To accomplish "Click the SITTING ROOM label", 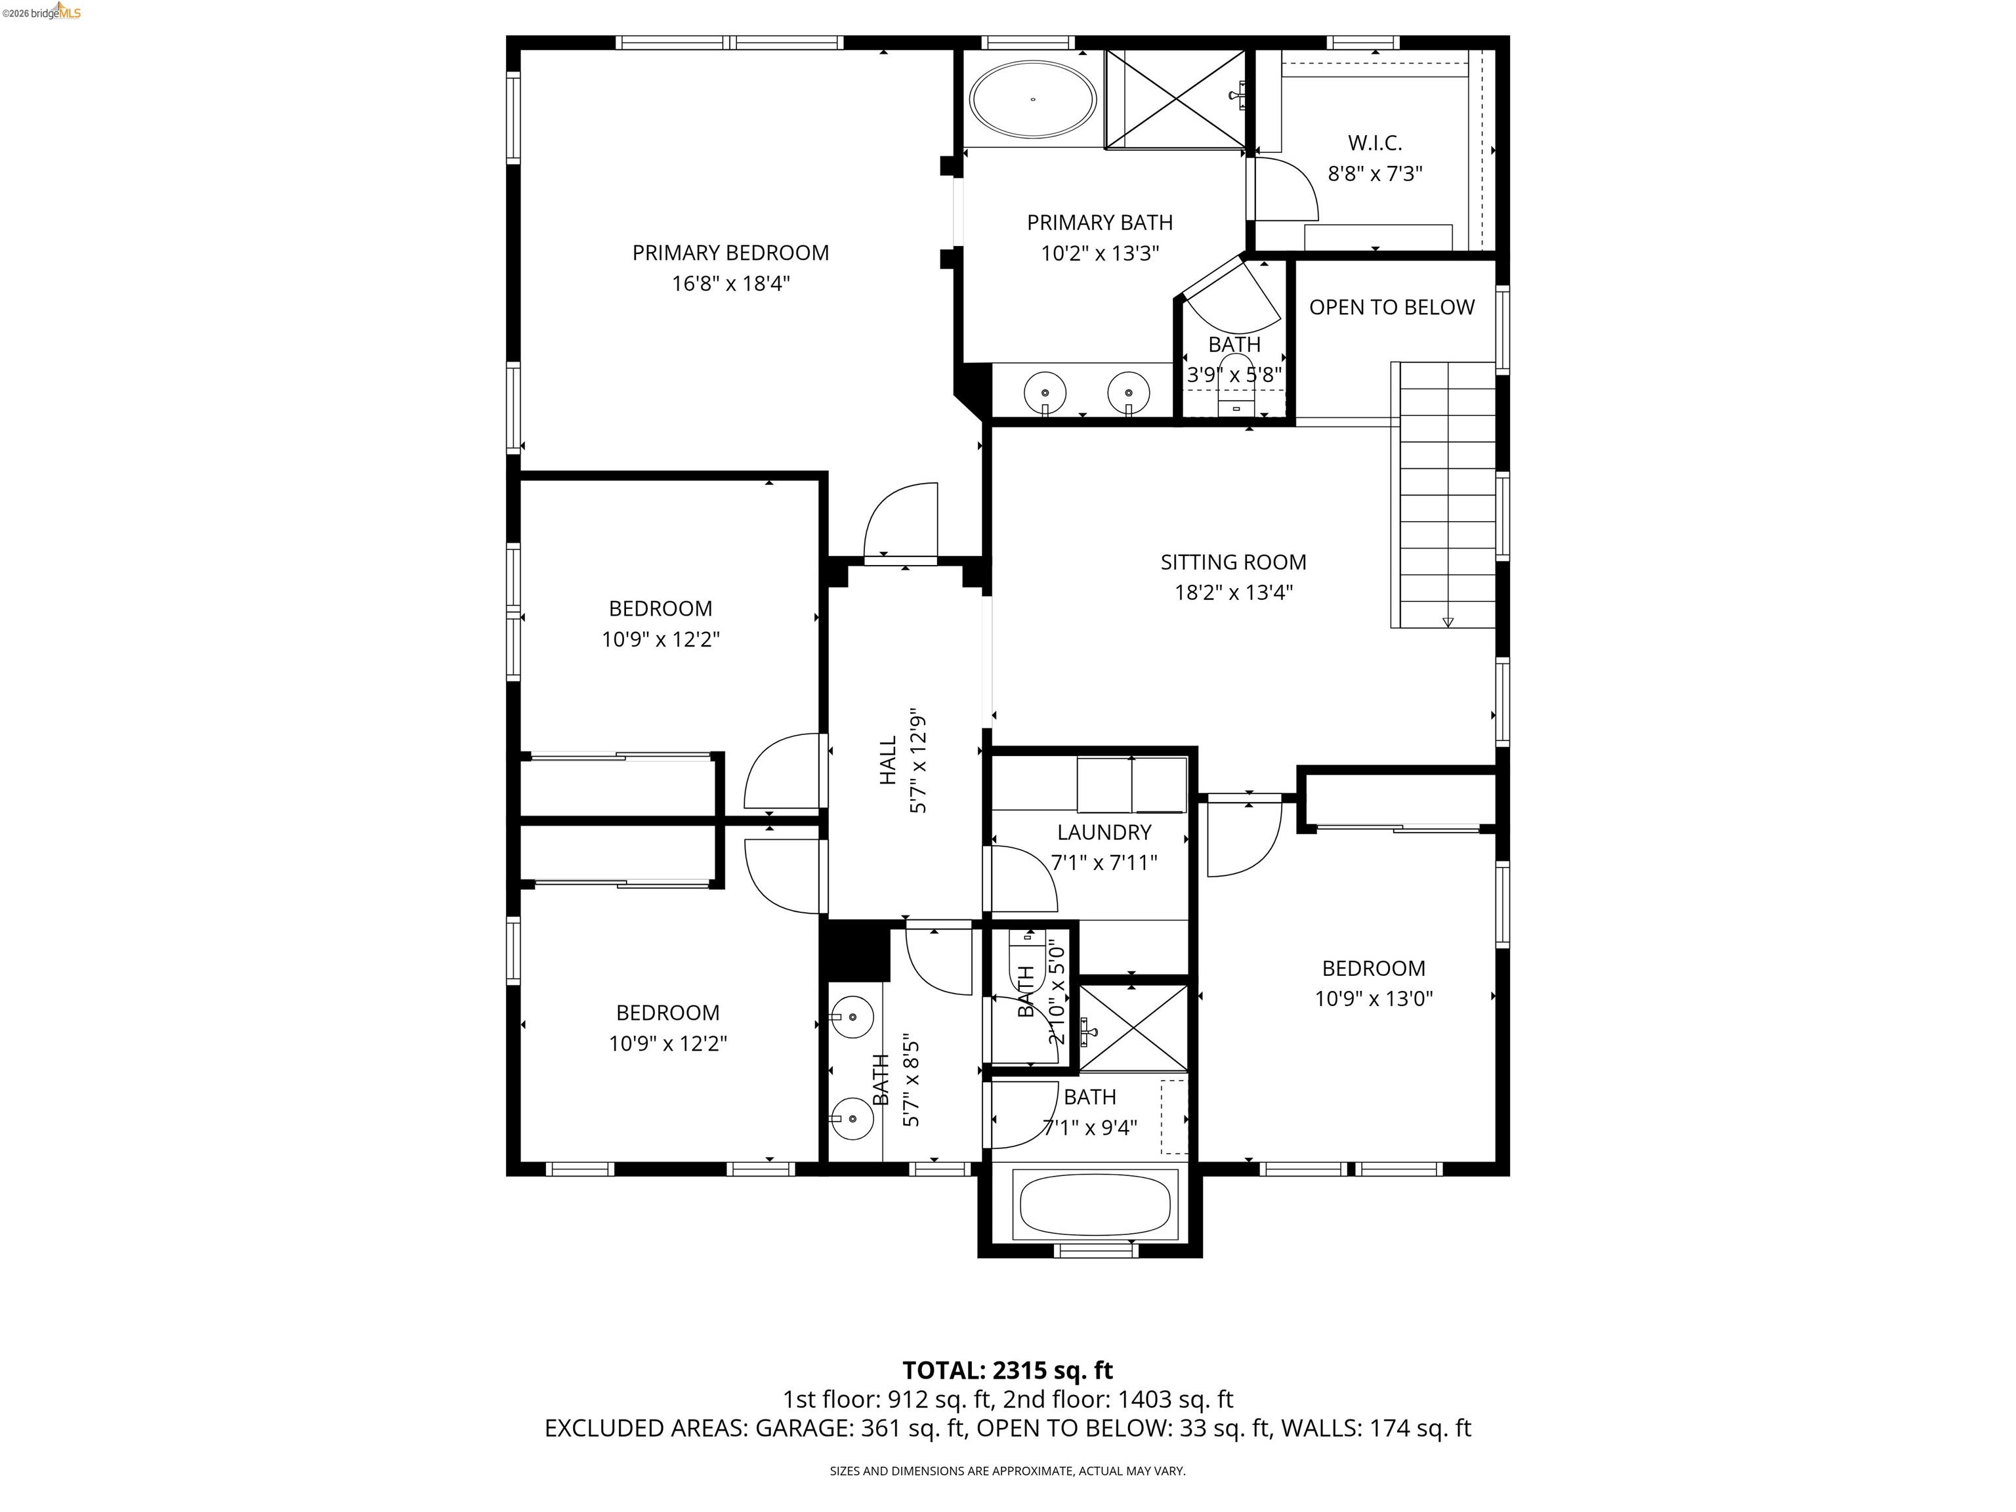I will tap(1233, 562).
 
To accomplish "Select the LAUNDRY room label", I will tap(1104, 832).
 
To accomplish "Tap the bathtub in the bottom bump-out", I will tap(1094, 1206).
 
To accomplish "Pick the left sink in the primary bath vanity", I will tap(1045, 392).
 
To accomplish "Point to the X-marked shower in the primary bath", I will tap(1174, 98).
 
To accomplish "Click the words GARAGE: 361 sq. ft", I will tap(858, 1428).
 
